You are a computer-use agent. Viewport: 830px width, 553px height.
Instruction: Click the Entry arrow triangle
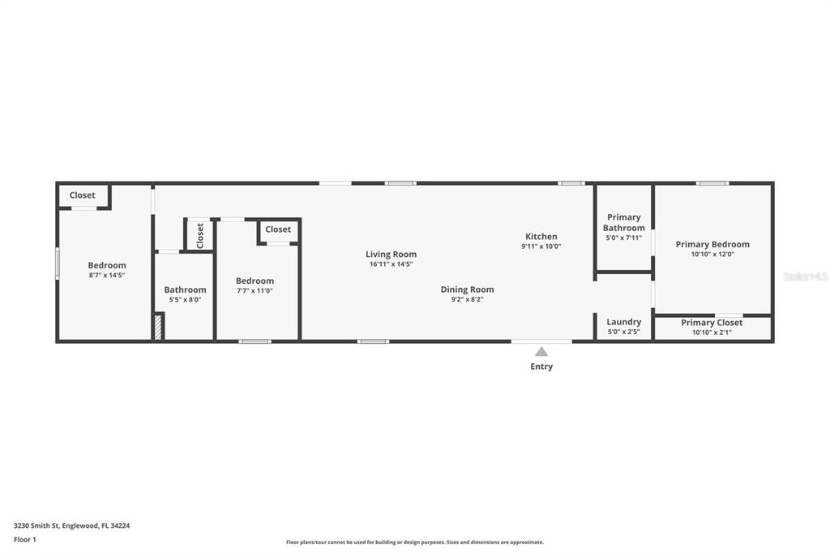coord(541,352)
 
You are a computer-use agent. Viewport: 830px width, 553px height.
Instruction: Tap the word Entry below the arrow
coord(541,367)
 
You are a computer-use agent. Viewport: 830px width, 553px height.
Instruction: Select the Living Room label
coord(391,254)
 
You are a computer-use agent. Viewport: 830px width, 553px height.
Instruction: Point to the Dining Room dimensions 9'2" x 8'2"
coord(467,299)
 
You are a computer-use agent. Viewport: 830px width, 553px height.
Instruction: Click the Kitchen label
coord(541,236)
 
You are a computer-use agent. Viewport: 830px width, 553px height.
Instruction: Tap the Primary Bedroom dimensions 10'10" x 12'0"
coord(712,254)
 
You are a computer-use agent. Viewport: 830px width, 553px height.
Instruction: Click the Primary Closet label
coord(712,322)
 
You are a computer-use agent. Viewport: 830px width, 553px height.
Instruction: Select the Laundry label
coord(624,322)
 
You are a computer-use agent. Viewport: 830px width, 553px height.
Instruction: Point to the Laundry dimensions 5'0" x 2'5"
coord(624,332)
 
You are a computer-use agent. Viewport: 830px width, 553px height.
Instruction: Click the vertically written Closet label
coord(200,235)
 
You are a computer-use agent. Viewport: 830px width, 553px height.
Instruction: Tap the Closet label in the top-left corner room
coord(82,195)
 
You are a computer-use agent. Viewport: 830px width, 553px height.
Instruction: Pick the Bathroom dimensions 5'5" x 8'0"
coord(185,299)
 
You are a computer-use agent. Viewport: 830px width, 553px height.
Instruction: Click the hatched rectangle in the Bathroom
coord(158,327)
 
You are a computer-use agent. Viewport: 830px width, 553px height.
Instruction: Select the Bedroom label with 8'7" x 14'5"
coord(107,265)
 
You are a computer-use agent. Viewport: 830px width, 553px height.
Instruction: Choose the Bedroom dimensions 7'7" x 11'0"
coord(255,290)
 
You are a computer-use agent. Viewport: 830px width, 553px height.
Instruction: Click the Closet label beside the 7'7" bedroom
coord(278,229)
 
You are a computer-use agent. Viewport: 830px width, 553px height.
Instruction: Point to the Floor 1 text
coord(25,539)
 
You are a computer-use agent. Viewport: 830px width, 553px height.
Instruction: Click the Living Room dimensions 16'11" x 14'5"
coord(391,264)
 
